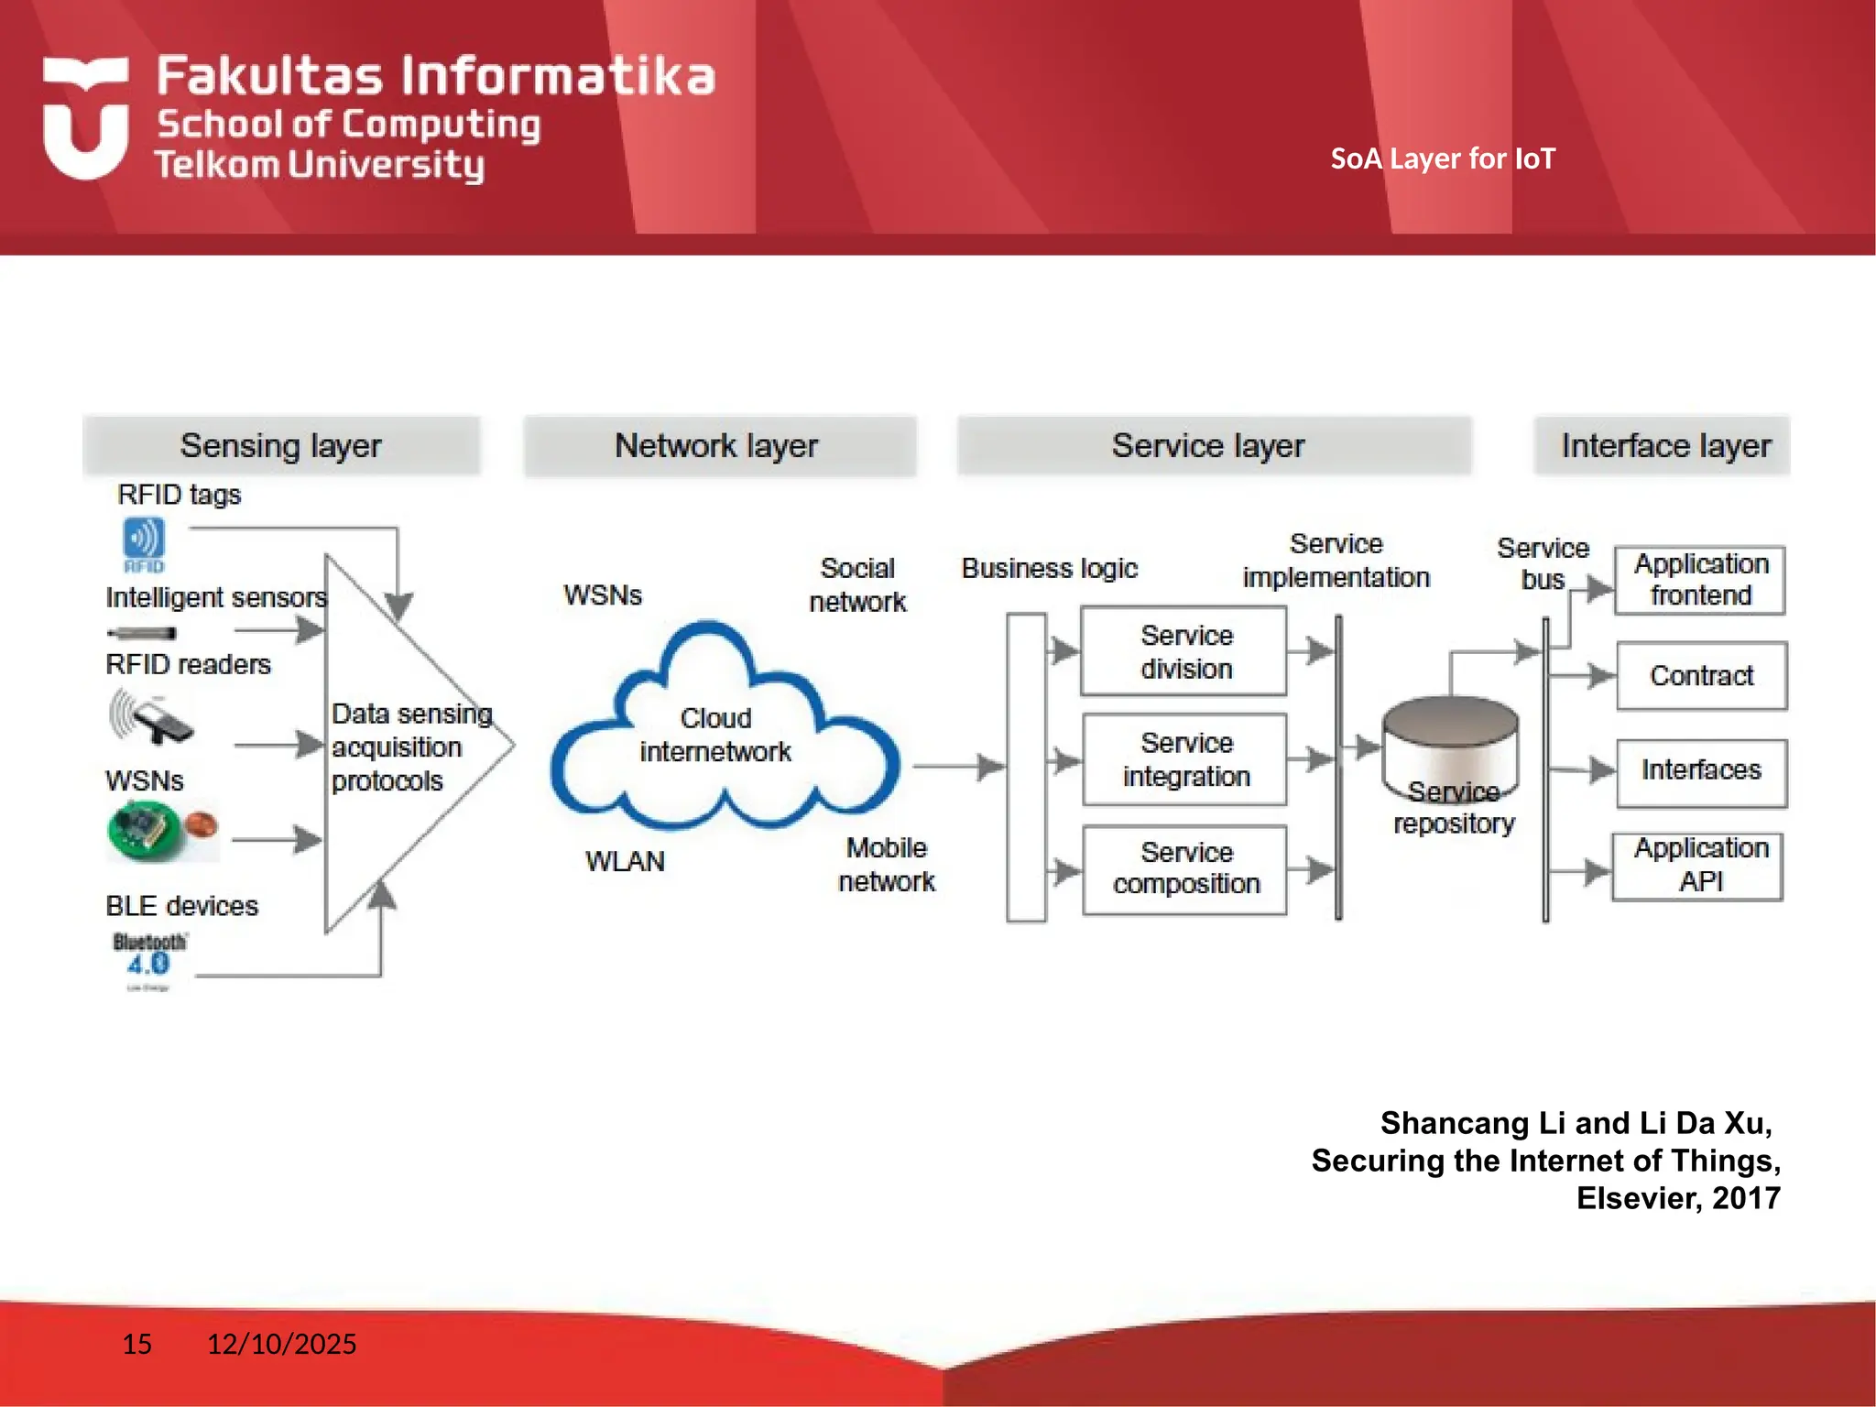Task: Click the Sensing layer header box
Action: pos(281,446)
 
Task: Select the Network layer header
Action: pos(719,446)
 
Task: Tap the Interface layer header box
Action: pos(1663,446)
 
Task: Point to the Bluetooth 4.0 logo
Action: pos(148,955)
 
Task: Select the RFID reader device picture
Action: pos(154,717)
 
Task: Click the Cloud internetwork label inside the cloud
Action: pos(715,735)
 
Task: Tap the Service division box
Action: pos(1184,651)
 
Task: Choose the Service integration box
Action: pos(1184,759)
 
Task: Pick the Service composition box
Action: pos(1184,868)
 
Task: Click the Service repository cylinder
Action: pos(1450,747)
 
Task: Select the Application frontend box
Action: pos(1700,580)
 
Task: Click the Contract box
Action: pos(1701,676)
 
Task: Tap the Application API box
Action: pos(1698,866)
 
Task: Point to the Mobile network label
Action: pos(886,864)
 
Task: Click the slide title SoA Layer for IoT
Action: pos(1443,159)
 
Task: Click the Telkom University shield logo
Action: pos(85,117)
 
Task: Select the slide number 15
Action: pos(137,1344)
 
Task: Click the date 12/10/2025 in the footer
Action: pos(281,1344)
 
